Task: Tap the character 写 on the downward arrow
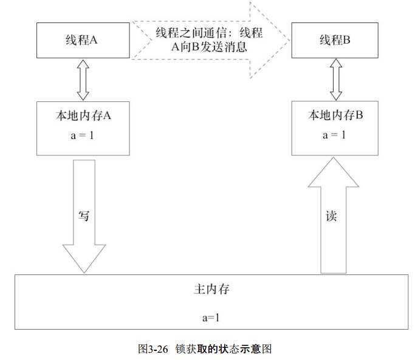[x=84, y=215]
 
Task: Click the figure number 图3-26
[x=153, y=349]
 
